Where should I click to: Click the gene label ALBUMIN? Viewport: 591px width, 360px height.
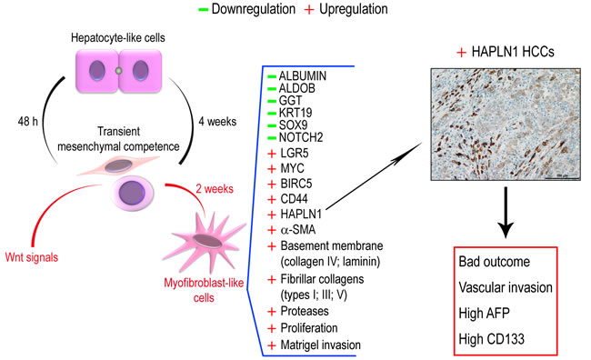click(302, 75)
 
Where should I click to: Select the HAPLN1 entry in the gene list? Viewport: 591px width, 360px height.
click(301, 215)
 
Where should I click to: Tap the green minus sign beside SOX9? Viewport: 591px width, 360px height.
click(272, 125)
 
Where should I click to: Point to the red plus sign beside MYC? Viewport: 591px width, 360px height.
click(271, 168)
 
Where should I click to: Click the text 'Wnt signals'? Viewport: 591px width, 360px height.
click(32, 257)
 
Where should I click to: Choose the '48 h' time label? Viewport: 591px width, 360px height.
click(28, 122)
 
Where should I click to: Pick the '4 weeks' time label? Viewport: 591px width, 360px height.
click(217, 122)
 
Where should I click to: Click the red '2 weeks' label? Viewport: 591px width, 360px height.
click(214, 188)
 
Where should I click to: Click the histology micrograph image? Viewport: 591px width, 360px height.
click(506, 124)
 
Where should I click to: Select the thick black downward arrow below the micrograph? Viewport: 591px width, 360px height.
click(506, 212)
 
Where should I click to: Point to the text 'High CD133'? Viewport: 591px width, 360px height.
click(491, 339)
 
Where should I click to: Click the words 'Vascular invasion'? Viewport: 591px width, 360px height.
click(506, 287)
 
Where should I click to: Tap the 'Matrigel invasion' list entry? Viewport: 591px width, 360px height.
click(320, 345)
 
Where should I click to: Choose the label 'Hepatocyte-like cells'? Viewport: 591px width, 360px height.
click(118, 37)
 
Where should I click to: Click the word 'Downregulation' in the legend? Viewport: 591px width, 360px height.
click(254, 9)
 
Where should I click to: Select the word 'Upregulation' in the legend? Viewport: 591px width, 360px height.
click(354, 9)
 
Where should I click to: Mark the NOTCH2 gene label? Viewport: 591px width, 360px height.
click(301, 137)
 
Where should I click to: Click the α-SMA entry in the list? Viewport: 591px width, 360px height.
click(298, 229)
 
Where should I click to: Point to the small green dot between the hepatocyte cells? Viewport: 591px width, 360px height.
click(119, 71)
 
